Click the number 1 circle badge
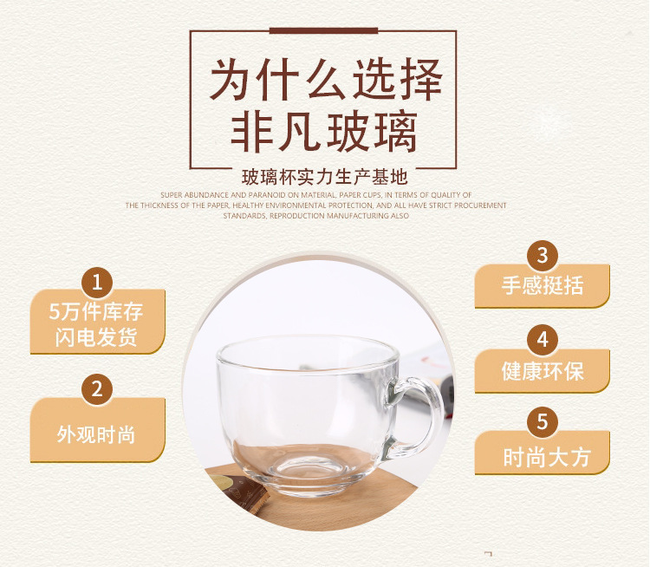97,283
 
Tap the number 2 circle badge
97,389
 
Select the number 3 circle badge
543,256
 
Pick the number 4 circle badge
543,340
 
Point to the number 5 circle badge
543,422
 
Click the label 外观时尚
96,434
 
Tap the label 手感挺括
543,285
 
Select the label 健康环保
543,371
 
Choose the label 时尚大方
546,458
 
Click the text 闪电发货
96,336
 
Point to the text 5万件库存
95,311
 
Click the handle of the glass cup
418,414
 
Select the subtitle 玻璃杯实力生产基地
325,178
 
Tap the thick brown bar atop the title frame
323,30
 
